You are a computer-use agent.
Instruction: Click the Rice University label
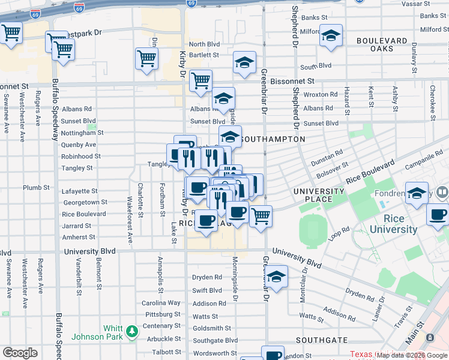point(393,223)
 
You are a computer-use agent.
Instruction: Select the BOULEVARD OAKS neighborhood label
point(381,44)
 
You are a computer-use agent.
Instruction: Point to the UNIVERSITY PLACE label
point(319,196)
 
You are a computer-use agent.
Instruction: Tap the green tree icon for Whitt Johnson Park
point(130,331)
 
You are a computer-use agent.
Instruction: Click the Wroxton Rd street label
point(320,94)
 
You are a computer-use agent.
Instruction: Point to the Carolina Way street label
point(161,303)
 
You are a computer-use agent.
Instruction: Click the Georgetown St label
point(84,203)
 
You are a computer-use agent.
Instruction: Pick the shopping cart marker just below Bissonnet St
point(200,80)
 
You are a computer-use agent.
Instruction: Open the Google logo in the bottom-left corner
point(20,353)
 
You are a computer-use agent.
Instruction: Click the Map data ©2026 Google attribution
point(412,355)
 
